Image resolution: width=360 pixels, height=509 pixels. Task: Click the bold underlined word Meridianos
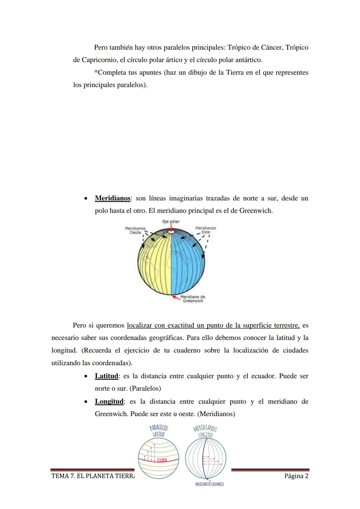point(112,198)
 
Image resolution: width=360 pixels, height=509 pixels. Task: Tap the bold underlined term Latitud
point(106,376)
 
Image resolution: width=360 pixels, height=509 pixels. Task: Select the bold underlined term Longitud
point(109,401)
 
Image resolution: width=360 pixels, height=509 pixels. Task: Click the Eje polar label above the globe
point(171,221)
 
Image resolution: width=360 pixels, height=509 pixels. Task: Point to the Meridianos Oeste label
point(135,230)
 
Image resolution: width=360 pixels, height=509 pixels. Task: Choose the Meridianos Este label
point(205,230)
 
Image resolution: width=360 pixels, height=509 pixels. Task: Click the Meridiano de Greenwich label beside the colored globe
point(193,299)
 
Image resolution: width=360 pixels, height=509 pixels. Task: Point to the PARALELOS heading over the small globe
point(159,428)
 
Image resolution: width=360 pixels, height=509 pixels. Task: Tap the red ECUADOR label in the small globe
point(162,460)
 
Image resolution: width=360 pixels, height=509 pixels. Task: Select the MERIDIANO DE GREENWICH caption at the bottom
point(209,484)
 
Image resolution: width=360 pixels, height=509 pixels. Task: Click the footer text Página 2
point(296,476)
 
